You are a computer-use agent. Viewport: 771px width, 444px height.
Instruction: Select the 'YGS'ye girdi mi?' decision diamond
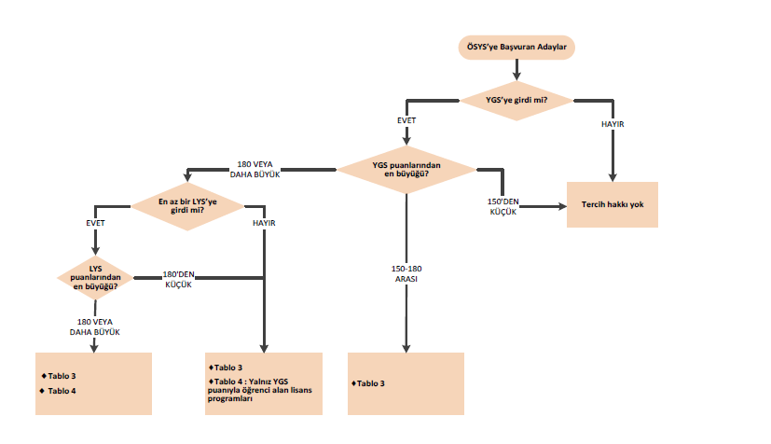(x=516, y=99)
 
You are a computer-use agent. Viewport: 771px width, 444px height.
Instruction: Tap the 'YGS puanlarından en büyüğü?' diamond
(x=406, y=169)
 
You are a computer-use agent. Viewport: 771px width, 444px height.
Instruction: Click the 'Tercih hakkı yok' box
(x=613, y=204)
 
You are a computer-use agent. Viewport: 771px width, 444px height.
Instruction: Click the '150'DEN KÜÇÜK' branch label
(x=503, y=207)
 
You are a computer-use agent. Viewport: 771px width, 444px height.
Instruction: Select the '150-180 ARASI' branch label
(x=406, y=273)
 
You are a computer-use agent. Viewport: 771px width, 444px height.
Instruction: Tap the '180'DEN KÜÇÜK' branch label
(x=176, y=279)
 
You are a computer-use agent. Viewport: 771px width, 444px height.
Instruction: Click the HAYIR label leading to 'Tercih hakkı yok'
(x=613, y=124)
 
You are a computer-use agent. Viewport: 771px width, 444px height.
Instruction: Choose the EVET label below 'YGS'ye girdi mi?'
(x=406, y=122)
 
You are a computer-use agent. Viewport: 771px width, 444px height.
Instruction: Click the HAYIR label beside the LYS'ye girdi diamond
(x=264, y=224)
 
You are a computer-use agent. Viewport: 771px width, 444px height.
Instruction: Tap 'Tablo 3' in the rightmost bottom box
(x=369, y=383)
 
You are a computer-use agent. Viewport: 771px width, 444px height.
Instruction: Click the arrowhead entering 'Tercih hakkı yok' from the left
(x=561, y=207)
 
